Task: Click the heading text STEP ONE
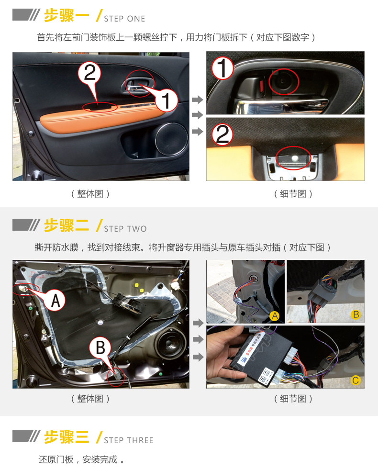pyautogui.click(x=124, y=19)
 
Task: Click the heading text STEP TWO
pyautogui.click(x=125, y=229)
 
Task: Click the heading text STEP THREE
pyautogui.click(x=129, y=440)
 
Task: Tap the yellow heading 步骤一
pyautogui.click(x=67, y=16)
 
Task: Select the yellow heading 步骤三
pyautogui.click(x=67, y=436)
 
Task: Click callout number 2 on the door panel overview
pyautogui.click(x=89, y=73)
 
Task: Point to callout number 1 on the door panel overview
pyautogui.click(x=166, y=101)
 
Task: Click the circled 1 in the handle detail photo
pyautogui.click(x=222, y=68)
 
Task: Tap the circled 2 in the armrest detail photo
pyautogui.click(x=222, y=134)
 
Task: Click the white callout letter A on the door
pyautogui.click(x=56, y=301)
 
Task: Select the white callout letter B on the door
pyautogui.click(x=100, y=347)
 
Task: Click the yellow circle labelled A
pyautogui.click(x=275, y=316)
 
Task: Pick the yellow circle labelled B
pyautogui.click(x=356, y=314)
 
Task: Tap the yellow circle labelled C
pyautogui.click(x=356, y=380)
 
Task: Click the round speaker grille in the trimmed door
pyautogui.click(x=171, y=139)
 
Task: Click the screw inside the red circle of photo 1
pyautogui.click(x=282, y=80)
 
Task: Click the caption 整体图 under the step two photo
pyautogui.click(x=90, y=398)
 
